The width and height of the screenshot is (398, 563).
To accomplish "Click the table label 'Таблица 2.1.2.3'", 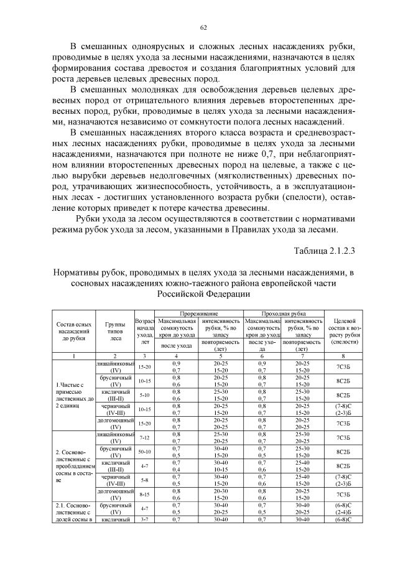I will tap(323, 250).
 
